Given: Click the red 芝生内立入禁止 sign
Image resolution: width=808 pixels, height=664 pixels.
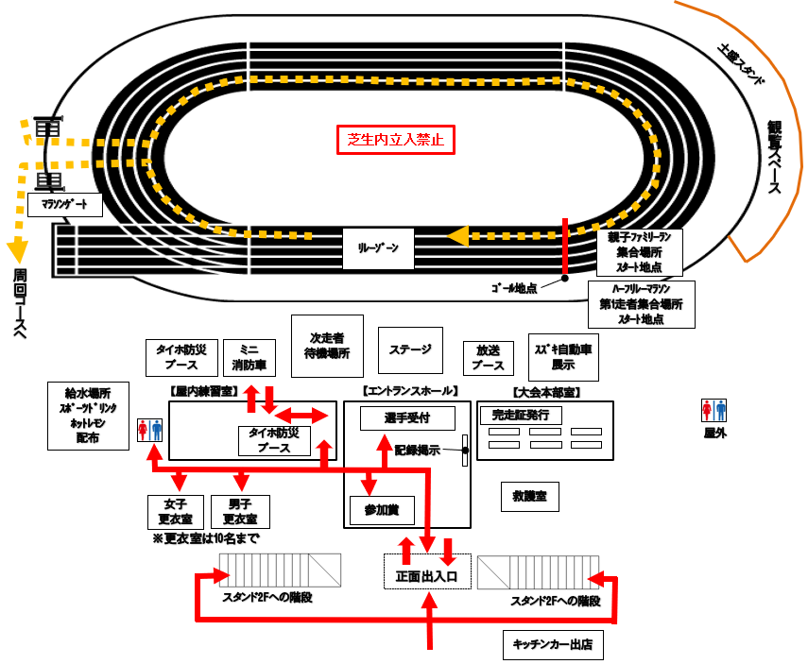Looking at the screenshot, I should [x=396, y=141].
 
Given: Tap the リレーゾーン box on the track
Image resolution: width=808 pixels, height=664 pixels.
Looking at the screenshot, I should [x=377, y=248].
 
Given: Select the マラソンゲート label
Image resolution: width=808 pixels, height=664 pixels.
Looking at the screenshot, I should [x=65, y=203].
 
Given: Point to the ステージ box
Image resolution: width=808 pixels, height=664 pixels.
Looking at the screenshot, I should [x=410, y=349].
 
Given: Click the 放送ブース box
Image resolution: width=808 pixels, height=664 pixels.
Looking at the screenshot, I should [x=488, y=357].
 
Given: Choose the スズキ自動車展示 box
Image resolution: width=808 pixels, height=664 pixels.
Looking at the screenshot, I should [x=563, y=356].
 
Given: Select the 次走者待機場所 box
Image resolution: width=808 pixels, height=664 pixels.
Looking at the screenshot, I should [x=327, y=346].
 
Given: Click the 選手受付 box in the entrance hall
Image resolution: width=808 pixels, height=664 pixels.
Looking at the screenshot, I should [x=406, y=417].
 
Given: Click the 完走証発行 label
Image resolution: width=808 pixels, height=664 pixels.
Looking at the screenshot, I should [x=521, y=415].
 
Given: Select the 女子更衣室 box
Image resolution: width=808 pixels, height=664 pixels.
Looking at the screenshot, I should [x=176, y=511].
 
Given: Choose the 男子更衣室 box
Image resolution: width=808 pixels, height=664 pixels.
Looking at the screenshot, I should [x=240, y=511].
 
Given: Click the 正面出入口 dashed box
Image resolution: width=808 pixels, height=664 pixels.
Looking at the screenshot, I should [x=425, y=572].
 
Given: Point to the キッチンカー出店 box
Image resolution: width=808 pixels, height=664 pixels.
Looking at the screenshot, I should [x=553, y=644].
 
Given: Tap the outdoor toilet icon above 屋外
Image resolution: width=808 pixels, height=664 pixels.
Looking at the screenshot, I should [x=713, y=411].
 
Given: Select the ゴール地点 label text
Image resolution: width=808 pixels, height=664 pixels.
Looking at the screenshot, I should [x=514, y=288].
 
